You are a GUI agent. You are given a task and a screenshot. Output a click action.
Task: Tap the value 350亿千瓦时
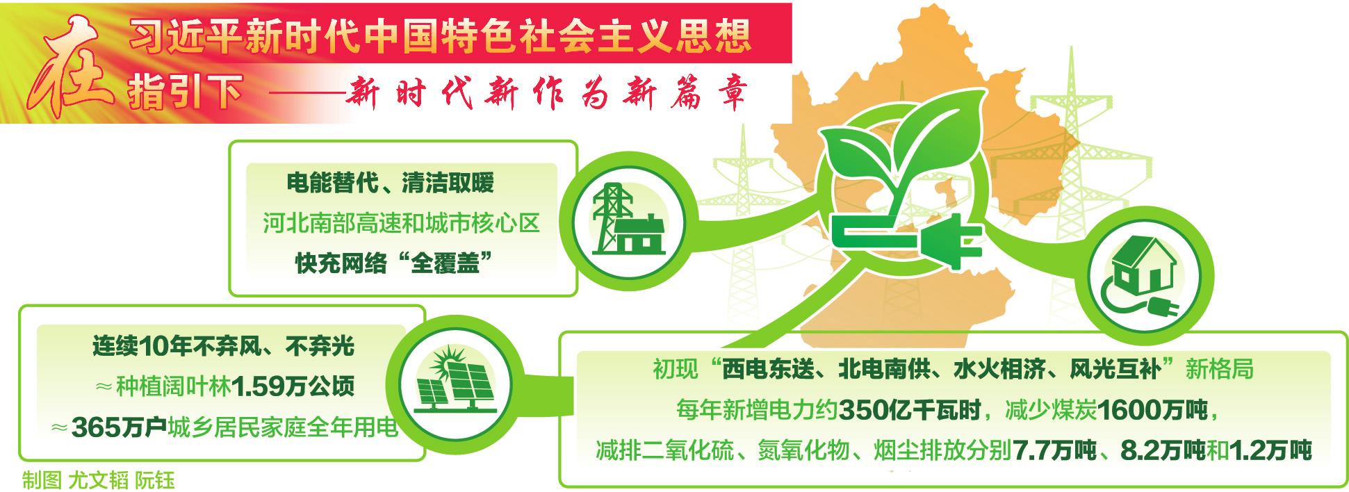coord(910,411)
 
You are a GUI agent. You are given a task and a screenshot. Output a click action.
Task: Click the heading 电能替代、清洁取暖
coord(390,183)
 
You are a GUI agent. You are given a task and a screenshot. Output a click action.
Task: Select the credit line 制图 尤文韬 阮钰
coord(98,481)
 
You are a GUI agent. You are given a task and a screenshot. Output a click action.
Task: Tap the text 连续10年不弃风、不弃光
coord(223,346)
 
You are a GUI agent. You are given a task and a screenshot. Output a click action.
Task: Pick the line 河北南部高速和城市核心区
coord(401,224)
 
